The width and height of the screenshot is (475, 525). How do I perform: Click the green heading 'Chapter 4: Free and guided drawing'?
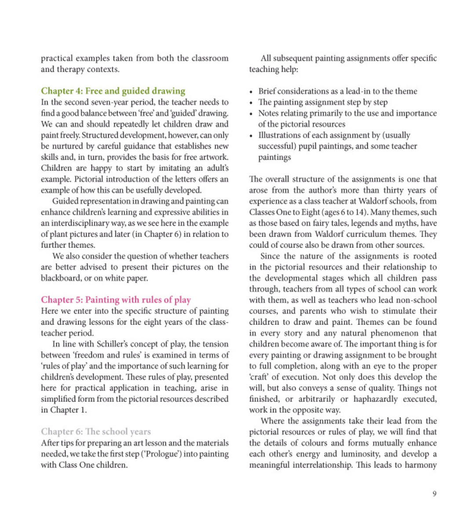point(113,91)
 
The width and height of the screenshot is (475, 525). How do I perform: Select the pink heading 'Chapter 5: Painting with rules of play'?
point(116,300)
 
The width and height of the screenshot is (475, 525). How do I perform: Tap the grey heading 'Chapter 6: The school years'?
point(96,432)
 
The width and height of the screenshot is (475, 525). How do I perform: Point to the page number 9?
point(435,494)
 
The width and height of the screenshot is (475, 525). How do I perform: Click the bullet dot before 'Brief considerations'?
point(251,92)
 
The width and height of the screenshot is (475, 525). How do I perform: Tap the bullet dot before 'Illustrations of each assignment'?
point(251,136)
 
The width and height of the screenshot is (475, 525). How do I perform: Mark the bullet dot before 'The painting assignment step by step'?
point(251,103)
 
